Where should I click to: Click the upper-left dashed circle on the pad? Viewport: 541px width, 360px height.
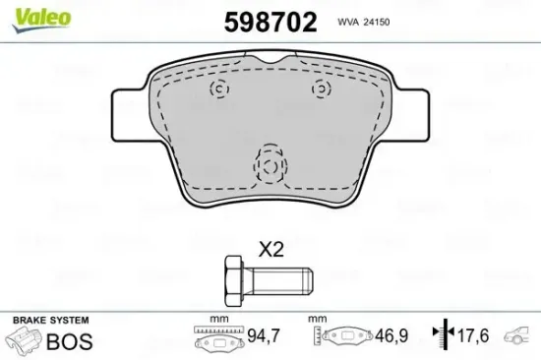click(x=219, y=89)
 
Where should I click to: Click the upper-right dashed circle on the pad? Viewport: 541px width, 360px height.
click(x=320, y=89)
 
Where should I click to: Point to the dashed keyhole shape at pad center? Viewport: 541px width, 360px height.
click(x=270, y=162)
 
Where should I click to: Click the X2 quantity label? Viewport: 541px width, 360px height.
click(x=270, y=250)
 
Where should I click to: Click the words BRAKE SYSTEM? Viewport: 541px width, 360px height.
click(x=50, y=321)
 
